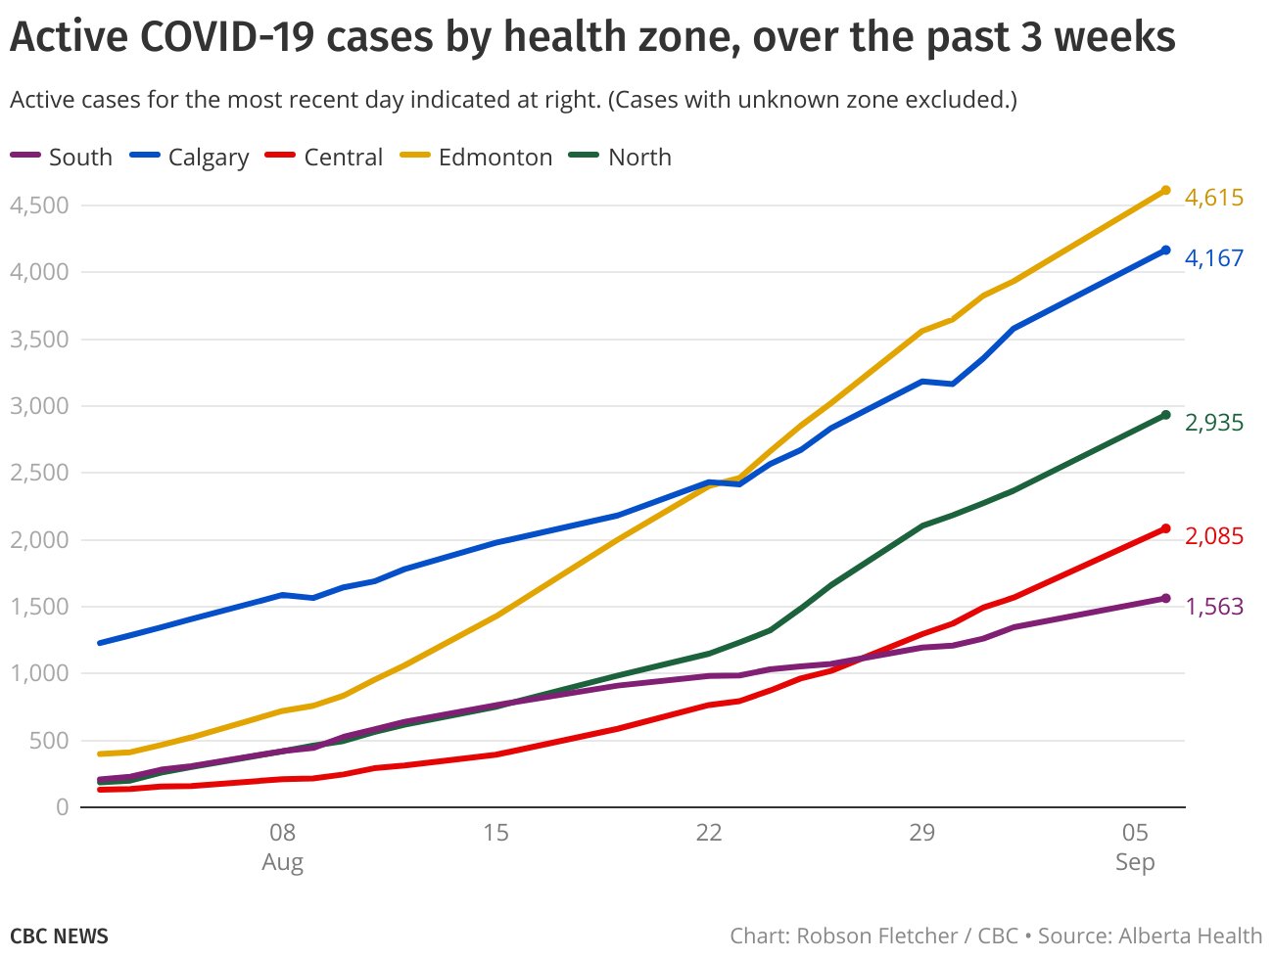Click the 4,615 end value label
[x=1213, y=198]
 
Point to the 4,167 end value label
[x=1213, y=258]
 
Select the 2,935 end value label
[x=1213, y=423]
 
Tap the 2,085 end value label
[x=1213, y=536]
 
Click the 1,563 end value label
[x=1213, y=607]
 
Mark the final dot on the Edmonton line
[x=1165, y=190]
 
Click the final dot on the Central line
[x=1165, y=528]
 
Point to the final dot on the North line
[x=1165, y=415]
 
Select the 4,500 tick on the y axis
[x=39, y=205]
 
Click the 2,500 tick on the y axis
[x=39, y=473]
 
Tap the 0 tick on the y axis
[x=62, y=807]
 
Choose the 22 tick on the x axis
[x=708, y=833]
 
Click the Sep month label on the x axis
[x=1135, y=862]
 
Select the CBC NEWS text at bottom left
[x=59, y=936]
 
